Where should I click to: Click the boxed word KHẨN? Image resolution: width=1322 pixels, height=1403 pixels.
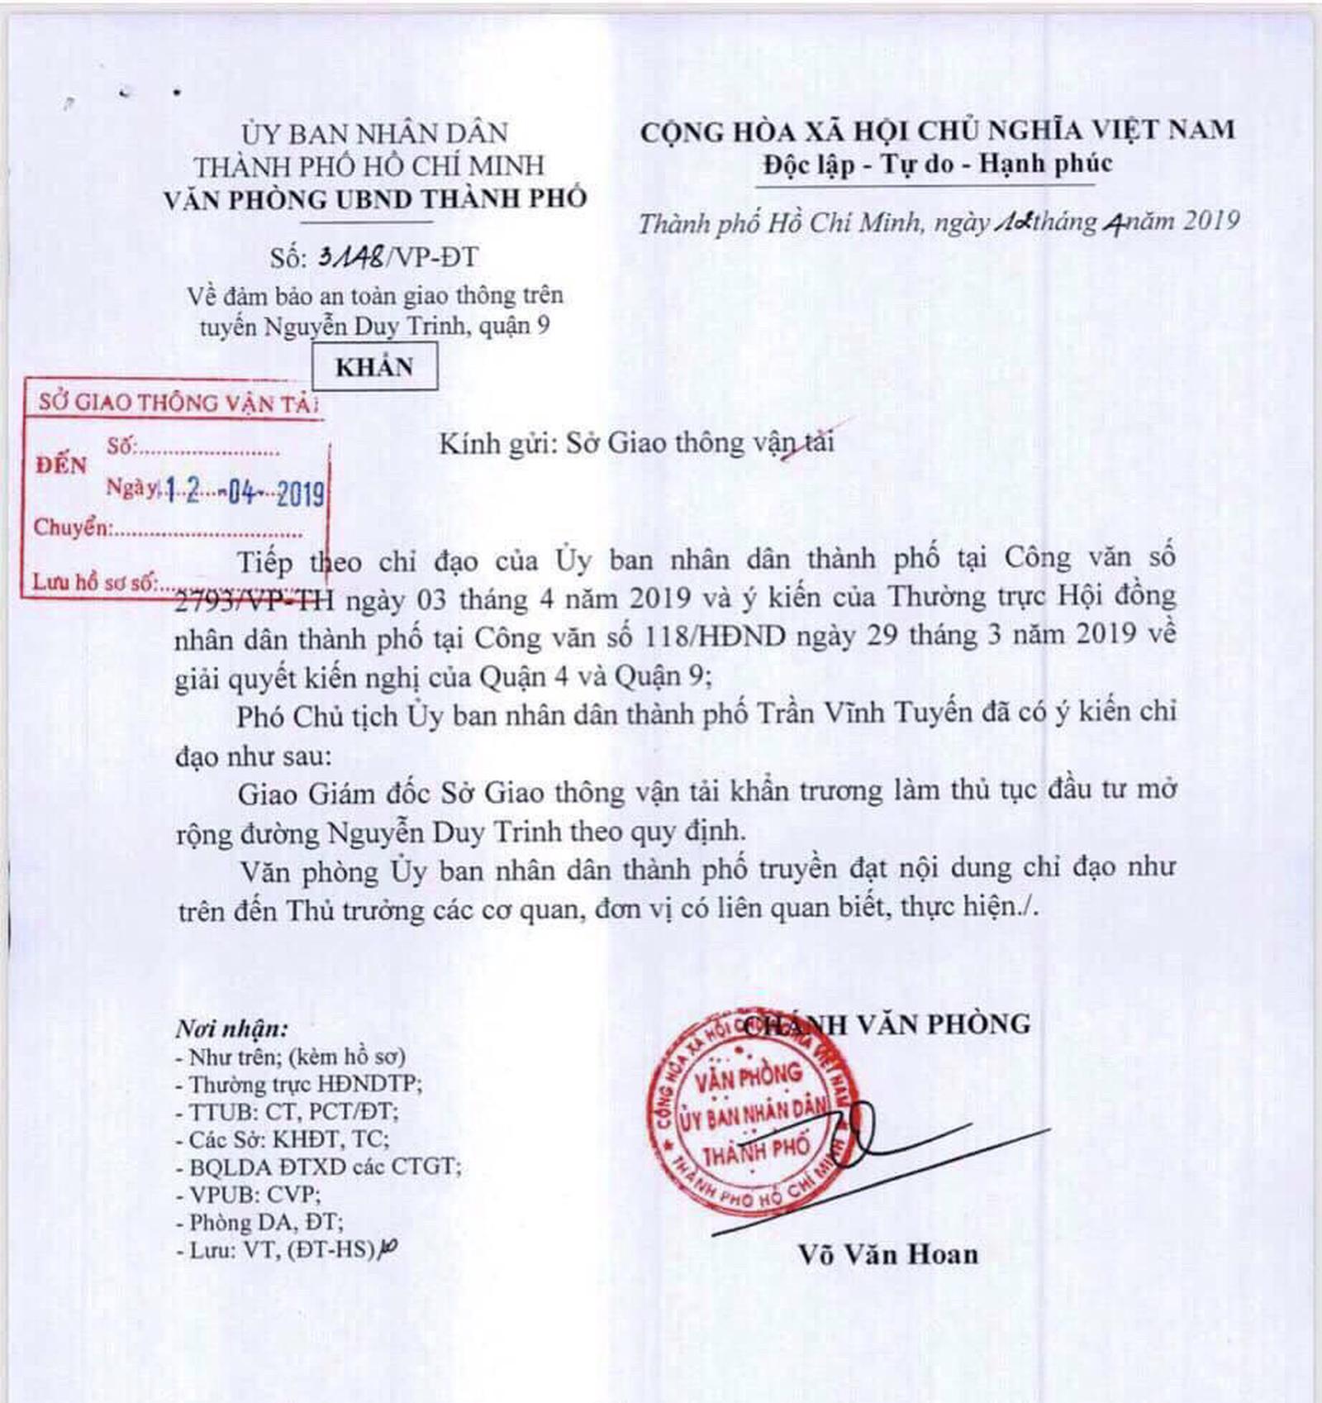click(x=374, y=367)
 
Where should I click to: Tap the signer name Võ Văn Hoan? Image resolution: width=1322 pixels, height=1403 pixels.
click(x=888, y=1254)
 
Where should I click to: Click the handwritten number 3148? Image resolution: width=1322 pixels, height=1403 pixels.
click(x=351, y=257)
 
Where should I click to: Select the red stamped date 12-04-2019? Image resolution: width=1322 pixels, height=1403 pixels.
click(x=245, y=493)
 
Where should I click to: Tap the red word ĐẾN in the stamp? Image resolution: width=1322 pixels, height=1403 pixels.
click(x=61, y=465)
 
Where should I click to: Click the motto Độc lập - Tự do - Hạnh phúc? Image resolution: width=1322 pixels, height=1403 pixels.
click(x=937, y=165)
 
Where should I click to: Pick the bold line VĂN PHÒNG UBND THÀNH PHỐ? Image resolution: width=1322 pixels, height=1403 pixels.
click(x=375, y=200)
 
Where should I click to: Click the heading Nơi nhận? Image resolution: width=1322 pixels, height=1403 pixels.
click(x=232, y=1028)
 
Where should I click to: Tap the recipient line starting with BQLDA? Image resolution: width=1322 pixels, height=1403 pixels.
click(x=319, y=1167)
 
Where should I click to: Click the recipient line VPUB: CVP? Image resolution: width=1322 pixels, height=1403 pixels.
click(x=248, y=1195)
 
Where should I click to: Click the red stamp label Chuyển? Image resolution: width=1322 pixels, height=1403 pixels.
click(x=72, y=527)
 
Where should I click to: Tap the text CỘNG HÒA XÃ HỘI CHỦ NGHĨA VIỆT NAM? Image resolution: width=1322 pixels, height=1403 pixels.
click(x=937, y=131)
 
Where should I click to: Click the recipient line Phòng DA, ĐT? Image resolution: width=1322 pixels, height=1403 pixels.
click(x=259, y=1222)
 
